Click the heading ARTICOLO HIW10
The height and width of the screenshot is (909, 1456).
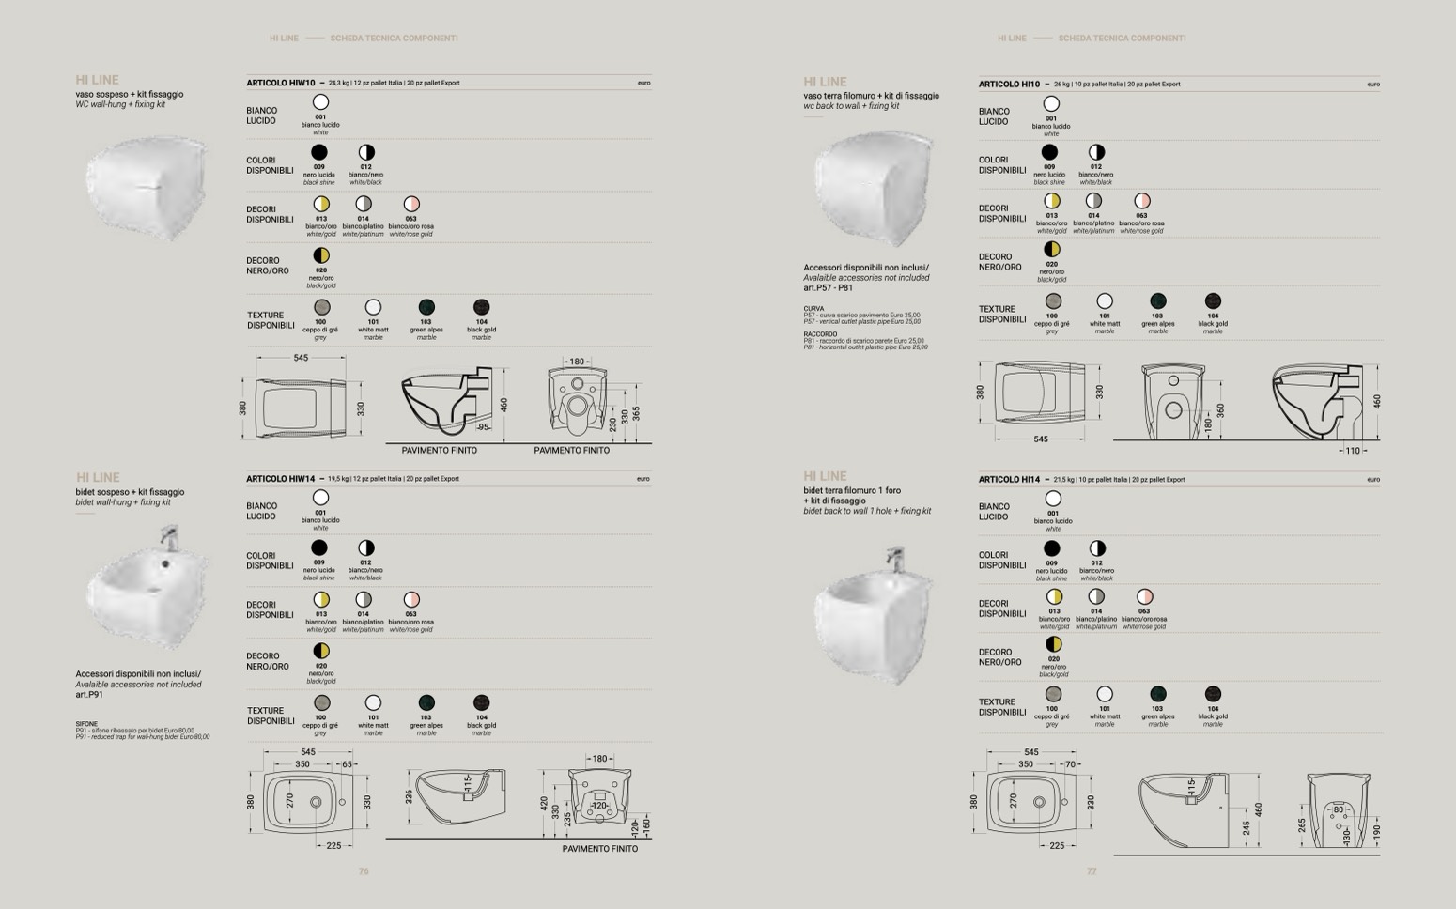[x=280, y=83]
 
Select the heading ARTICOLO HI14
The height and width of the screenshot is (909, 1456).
[x=1009, y=480]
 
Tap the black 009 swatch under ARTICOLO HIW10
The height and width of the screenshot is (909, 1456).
[x=319, y=152]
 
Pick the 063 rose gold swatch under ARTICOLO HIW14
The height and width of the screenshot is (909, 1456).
[x=410, y=600]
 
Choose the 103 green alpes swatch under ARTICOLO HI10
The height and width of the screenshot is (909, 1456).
[x=1157, y=301]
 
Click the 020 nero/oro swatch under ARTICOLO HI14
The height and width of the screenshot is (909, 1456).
[x=1053, y=644]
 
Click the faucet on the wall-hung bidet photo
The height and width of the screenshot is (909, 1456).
[x=169, y=536]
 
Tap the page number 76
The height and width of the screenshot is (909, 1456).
[x=364, y=871]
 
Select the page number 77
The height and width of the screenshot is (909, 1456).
[x=1092, y=871]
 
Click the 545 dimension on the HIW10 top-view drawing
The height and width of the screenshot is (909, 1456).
[x=301, y=358]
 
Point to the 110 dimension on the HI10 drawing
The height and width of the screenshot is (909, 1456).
[x=1352, y=451]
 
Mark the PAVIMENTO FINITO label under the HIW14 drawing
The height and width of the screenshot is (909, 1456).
[x=599, y=849]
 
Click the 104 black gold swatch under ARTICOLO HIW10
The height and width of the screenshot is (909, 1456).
[x=481, y=307]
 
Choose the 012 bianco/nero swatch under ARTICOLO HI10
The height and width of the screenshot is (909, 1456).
[x=1096, y=152]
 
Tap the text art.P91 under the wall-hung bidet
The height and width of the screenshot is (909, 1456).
[x=89, y=695]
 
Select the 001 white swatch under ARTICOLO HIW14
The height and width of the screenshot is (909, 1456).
[x=320, y=498]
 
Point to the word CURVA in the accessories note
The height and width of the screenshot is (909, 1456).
[x=813, y=309]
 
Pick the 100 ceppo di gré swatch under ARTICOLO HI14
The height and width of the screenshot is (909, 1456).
[x=1053, y=694]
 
